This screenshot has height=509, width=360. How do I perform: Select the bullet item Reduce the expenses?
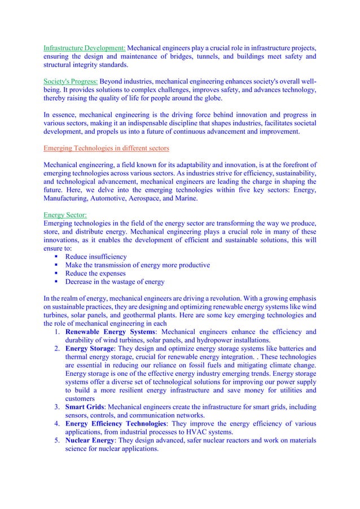(x=95, y=274)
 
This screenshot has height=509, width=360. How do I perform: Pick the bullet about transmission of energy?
(x=138, y=265)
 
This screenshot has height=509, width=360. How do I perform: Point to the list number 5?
(x=57, y=440)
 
